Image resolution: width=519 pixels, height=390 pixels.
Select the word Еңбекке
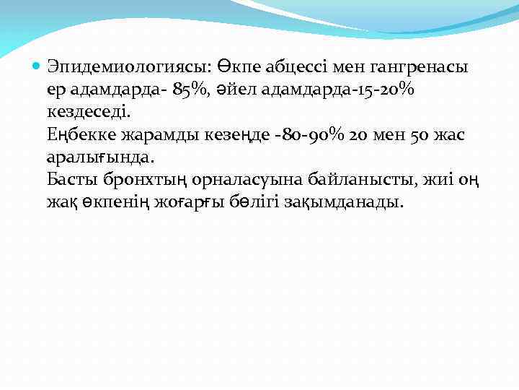(77, 135)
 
